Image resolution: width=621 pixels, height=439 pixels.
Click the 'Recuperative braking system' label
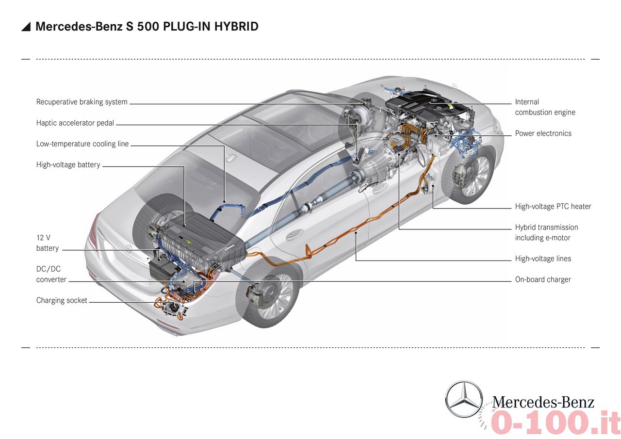click(x=82, y=102)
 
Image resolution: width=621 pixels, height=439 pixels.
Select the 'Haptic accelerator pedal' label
click(x=75, y=123)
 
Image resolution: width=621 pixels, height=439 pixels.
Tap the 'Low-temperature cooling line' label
click(x=82, y=144)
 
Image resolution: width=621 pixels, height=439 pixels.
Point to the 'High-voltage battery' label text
click(x=68, y=164)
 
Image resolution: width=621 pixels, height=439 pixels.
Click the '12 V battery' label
click(x=48, y=243)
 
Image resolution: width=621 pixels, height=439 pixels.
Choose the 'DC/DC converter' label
click(x=51, y=274)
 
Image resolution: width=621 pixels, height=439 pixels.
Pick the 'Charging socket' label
click(x=62, y=300)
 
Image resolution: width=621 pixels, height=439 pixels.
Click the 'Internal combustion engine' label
click(x=545, y=107)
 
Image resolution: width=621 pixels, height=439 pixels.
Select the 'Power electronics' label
click(x=543, y=133)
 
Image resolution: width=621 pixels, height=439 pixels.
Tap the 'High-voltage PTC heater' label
click(x=553, y=207)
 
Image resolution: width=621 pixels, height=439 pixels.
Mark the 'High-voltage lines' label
click(x=543, y=259)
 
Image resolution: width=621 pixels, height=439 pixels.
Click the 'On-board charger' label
click(x=543, y=279)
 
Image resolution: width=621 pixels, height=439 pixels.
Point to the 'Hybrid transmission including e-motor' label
click(x=546, y=232)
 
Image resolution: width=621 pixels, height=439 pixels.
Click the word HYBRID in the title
click(x=236, y=26)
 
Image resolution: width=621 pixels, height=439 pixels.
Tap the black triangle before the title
click(x=26, y=27)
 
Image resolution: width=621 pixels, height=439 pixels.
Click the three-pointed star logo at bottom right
click(x=464, y=399)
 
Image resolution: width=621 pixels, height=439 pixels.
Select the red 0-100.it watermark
click(x=552, y=423)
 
